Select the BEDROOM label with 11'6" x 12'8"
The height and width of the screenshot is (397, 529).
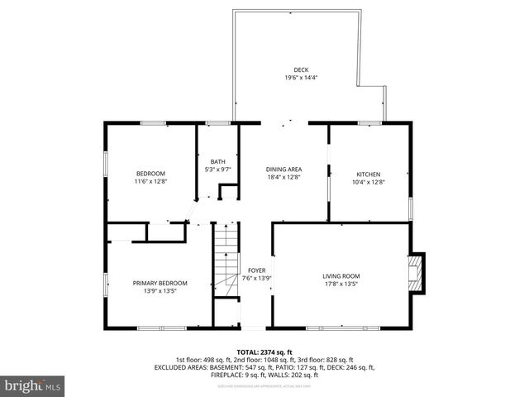click(150, 173)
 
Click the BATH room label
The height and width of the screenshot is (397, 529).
click(217, 161)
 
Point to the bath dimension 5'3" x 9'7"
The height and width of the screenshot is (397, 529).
click(217, 170)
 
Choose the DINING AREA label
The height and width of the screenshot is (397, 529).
click(284, 168)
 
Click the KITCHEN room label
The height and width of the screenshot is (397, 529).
click(369, 174)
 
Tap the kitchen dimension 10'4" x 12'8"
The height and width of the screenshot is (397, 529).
click(369, 182)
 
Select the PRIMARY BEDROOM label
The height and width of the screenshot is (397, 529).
click(160, 283)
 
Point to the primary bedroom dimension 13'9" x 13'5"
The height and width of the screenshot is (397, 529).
click(160, 291)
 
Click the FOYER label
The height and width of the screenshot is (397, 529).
click(257, 270)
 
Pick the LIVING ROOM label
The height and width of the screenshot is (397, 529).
click(341, 276)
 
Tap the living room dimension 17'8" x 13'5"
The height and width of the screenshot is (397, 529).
click(341, 285)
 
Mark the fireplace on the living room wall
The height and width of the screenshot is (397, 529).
click(419, 273)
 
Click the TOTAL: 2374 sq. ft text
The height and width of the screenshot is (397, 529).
click(264, 352)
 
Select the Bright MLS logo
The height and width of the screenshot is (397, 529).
click(33, 385)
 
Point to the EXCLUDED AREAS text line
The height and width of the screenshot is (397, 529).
click(264, 367)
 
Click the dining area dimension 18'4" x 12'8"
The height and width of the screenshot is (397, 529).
click(284, 176)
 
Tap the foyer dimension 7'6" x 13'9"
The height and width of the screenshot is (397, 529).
click(257, 278)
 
